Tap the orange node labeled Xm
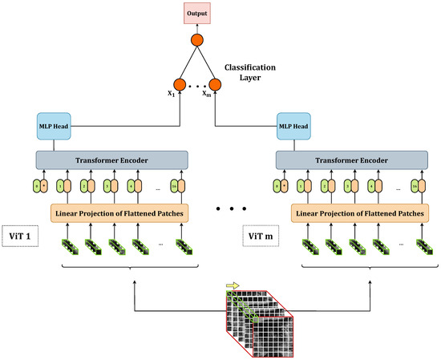coord(215,84)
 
